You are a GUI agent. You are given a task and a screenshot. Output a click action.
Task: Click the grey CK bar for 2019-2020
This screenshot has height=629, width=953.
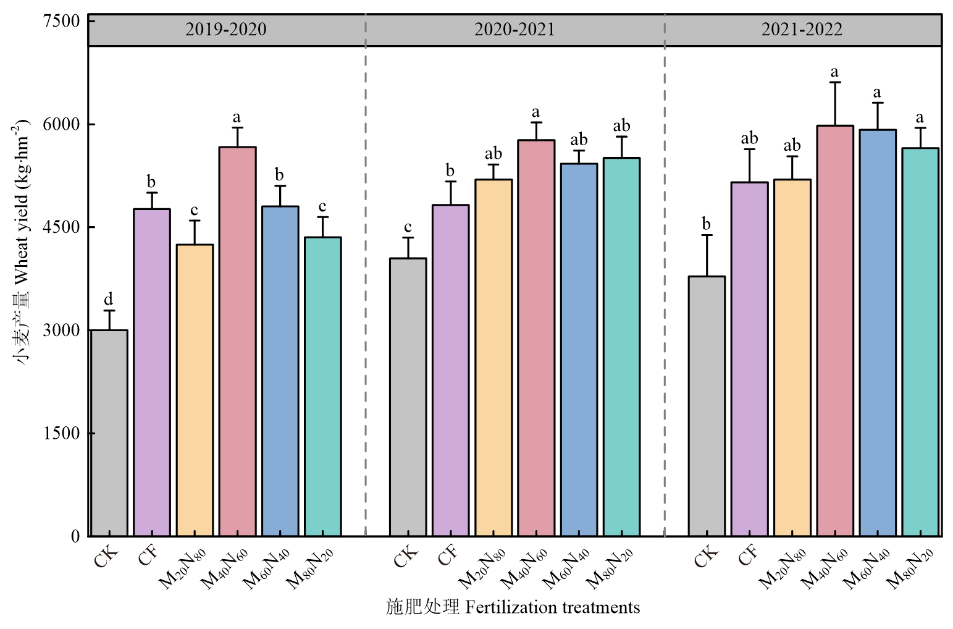click(109, 433)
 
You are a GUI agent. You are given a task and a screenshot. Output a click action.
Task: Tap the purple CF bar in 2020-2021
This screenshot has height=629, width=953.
click(450, 371)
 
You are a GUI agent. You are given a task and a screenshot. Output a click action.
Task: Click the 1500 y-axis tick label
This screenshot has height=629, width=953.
click(62, 433)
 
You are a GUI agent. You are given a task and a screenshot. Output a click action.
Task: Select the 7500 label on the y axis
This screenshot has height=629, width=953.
click(62, 21)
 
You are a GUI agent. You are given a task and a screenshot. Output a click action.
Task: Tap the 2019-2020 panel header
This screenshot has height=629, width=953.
click(226, 30)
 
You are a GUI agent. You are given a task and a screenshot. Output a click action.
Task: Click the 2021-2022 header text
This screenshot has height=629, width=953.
click(802, 30)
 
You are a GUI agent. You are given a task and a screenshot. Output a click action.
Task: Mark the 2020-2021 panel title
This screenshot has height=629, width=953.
click(514, 30)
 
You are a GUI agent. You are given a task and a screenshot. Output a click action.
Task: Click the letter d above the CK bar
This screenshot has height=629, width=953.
click(109, 300)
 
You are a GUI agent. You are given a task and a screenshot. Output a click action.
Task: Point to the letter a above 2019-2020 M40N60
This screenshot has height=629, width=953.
click(237, 117)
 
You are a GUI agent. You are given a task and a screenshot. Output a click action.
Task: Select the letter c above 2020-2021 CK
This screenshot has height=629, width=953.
click(408, 227)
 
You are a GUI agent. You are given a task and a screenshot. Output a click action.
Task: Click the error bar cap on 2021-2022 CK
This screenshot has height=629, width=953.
click(707, 235)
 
